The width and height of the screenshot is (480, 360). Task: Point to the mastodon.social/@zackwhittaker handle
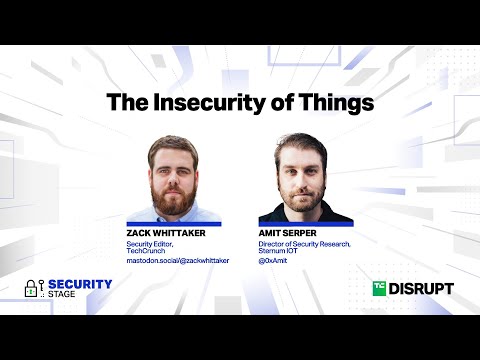(176, 261)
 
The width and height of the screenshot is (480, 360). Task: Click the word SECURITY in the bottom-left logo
(80, 284)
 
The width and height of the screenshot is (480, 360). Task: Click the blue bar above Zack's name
(174, 223)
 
